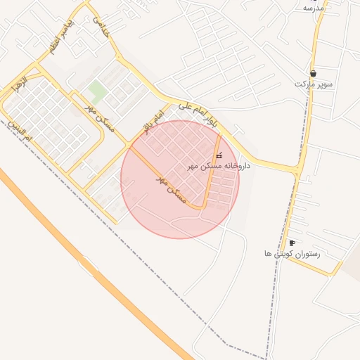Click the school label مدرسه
coord(313,8)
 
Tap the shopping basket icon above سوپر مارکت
coord(312,73)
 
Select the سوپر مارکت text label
coord(312,84)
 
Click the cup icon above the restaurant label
coord(292,243)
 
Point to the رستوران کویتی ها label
coord(292,253)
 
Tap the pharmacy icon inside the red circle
coord(219,155)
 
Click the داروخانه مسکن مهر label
coord(219,167)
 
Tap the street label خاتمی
coord(103,25)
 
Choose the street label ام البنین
coord(20,130)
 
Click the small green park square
coord(98,91)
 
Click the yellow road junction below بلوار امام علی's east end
coord(298,170)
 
